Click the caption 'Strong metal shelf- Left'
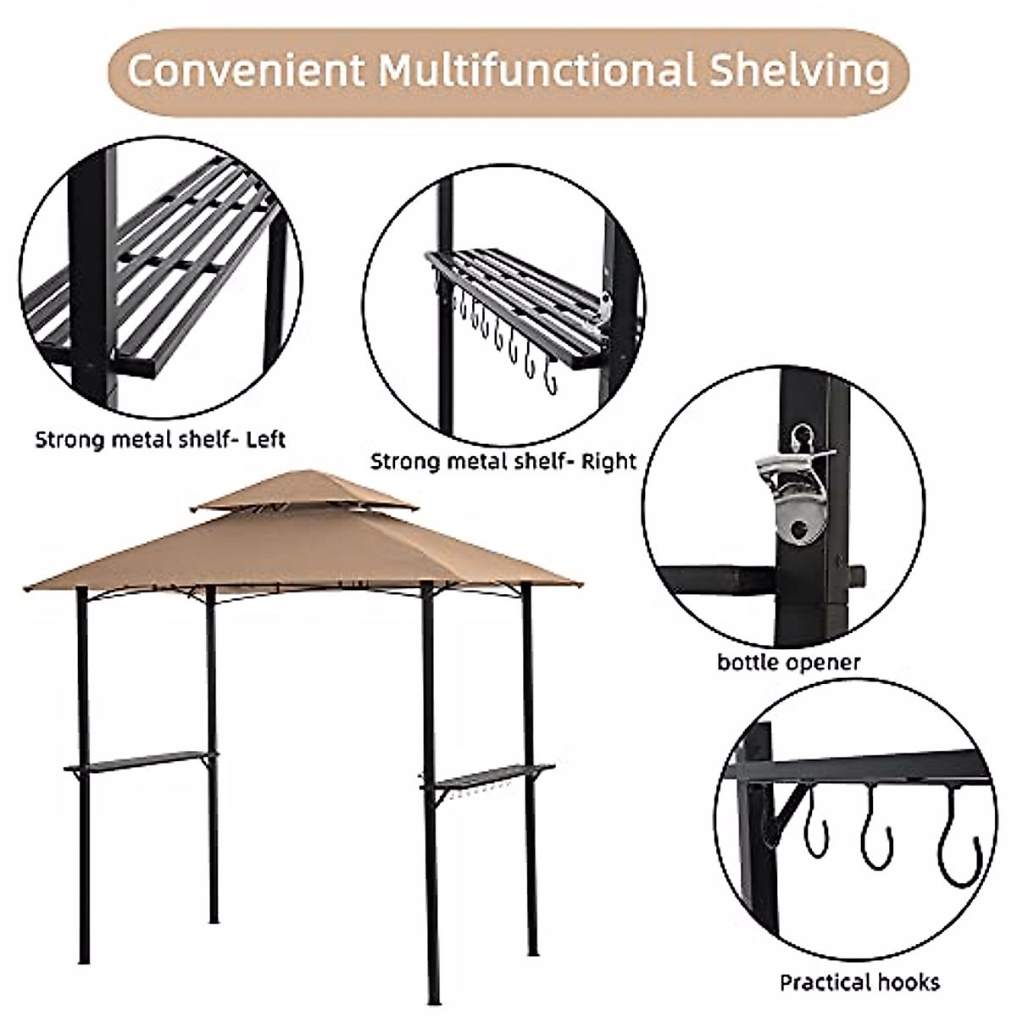click(x=160, y=440)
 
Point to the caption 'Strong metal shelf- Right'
click(x=503, y=462)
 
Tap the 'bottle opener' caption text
click(x=788, y=661)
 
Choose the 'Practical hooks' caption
click(x=859, y=982)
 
